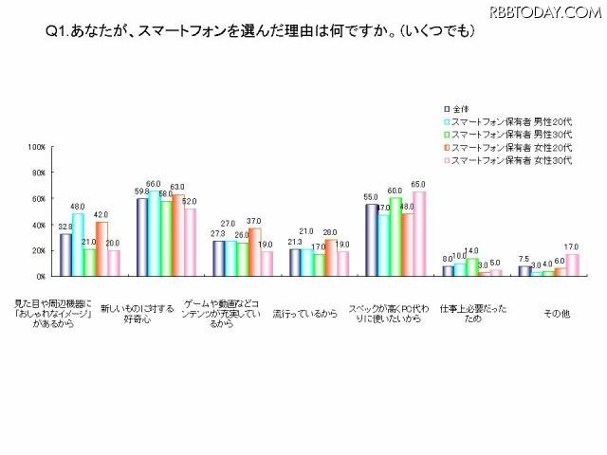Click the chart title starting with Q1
[261, 31]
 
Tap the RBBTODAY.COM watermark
[545, 11]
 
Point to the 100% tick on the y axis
[37, 147]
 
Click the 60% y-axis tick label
[39, 199]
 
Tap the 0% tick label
[41, 276]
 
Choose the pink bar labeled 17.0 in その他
[573, 264]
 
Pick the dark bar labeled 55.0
[372, 240]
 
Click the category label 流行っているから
[304, 313]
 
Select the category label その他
[553, 313]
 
